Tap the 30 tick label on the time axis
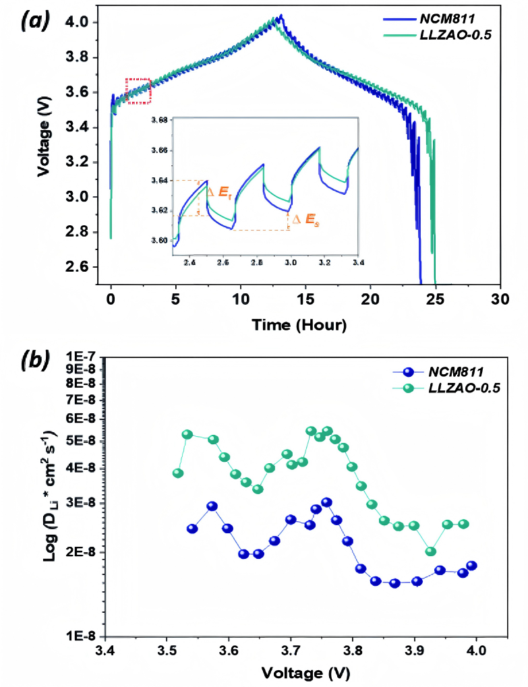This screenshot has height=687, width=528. tap(500, 298)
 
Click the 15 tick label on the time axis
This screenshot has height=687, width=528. tap(305, 298)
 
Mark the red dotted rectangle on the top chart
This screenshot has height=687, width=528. tap(138, 90)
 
